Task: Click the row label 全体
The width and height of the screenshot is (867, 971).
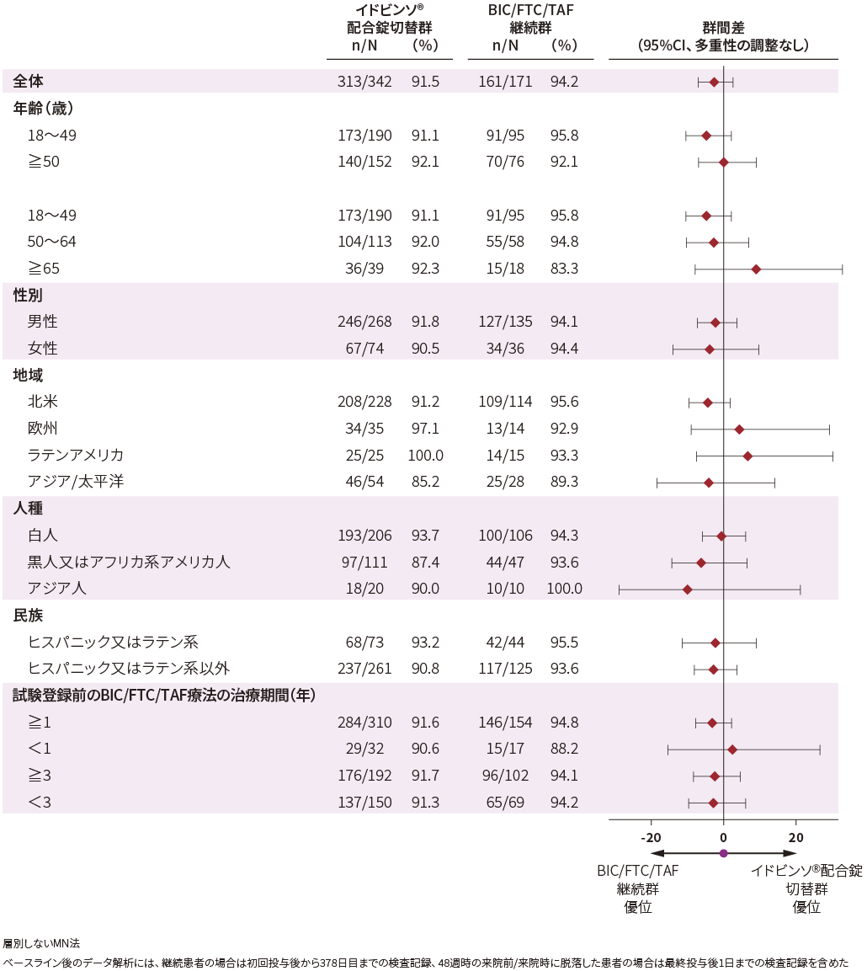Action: (x=28, y=82)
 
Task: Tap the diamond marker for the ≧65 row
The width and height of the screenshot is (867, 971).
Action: (x=756, y=269)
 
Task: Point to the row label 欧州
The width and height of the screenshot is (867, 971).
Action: (x=42, y=429)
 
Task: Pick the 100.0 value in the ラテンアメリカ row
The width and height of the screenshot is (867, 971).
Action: (x=426, y=456)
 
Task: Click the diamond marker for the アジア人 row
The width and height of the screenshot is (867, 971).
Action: (x=688, y=590)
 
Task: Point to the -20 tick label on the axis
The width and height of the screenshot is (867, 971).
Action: (x=650, y=837)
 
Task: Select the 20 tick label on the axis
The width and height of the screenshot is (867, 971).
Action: (x=795, y=837)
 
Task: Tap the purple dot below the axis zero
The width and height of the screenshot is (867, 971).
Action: (x=723, y=854)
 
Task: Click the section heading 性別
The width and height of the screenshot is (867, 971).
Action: (x=28, y=296)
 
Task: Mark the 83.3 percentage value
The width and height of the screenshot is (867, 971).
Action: (x=563, y=269)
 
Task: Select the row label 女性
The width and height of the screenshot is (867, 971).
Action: (x=42, y=349)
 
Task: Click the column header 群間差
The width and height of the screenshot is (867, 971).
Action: (x=723, y=28)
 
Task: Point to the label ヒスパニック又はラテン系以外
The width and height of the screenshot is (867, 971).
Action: (x=129, y=670)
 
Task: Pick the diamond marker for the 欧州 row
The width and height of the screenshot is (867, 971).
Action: (x=739, y=429)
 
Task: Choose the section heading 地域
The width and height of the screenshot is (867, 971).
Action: (x=28, y=376)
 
